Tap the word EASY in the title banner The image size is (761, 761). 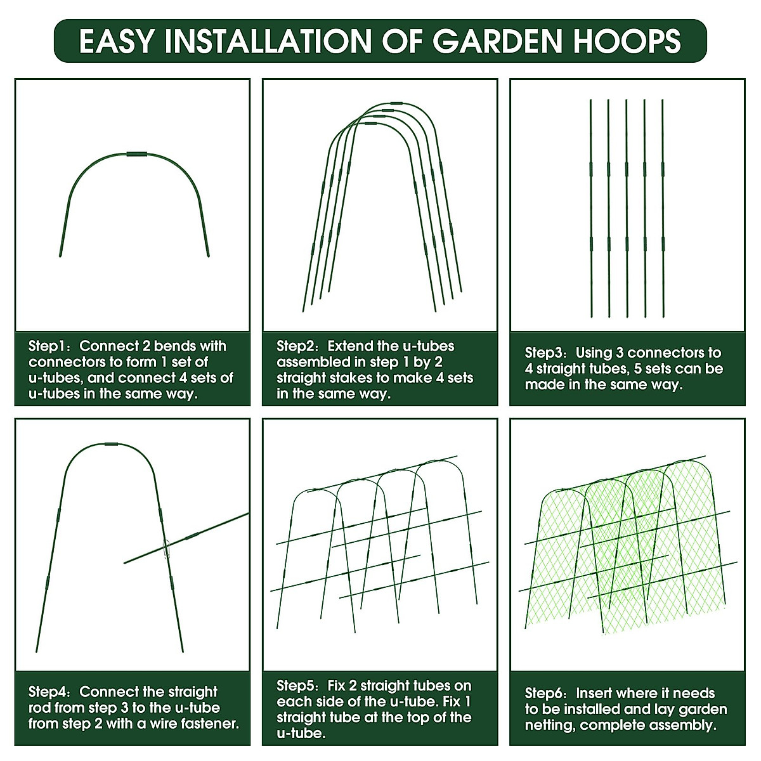point(117,41)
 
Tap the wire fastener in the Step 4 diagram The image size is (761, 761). point(167,549)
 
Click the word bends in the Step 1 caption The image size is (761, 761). point(174,346)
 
